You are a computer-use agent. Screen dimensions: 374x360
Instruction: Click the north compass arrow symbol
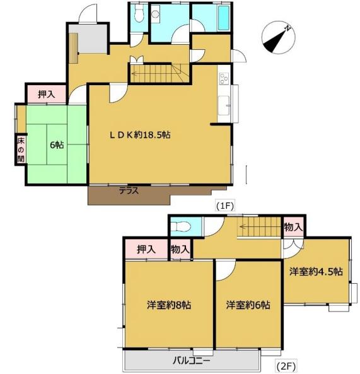277,37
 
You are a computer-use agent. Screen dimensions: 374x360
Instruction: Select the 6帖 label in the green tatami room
57,144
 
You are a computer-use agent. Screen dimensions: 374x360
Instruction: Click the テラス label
129,190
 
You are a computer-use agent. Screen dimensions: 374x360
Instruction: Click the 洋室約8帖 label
169,305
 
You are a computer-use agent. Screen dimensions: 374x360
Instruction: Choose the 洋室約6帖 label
248,305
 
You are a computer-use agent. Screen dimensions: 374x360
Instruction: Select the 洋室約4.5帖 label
316,272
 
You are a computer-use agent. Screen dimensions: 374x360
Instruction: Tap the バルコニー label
192,361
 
